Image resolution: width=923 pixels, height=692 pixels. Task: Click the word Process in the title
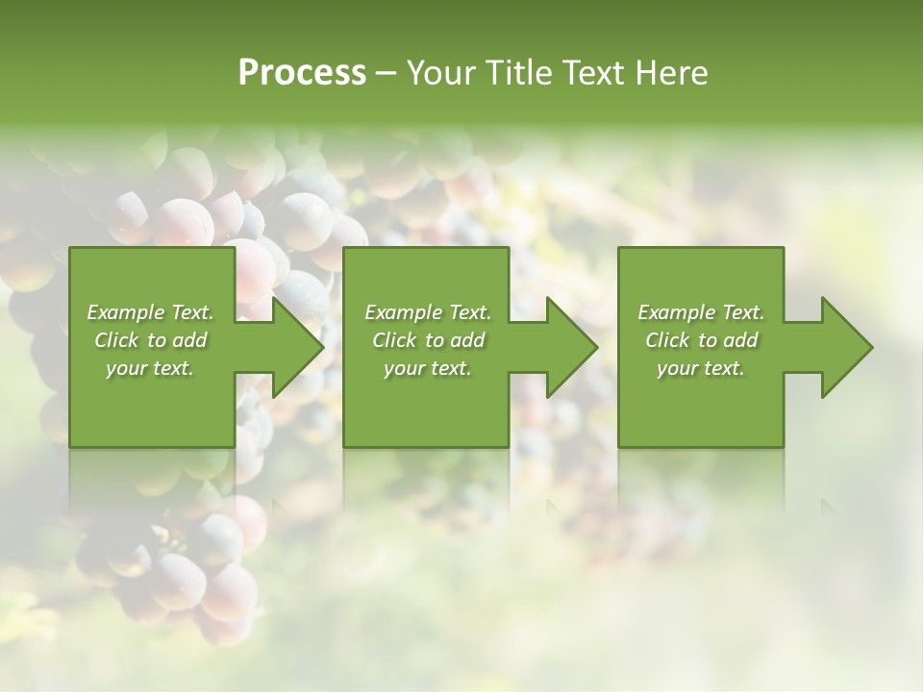(302, 73)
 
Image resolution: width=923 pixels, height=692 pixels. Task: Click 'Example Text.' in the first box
(150, 312)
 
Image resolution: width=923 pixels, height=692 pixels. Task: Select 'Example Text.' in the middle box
(428, 312)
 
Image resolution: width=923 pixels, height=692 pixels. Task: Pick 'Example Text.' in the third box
(701, 312)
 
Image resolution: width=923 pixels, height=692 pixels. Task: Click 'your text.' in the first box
(150, 368)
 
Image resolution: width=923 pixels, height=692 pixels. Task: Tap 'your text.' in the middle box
(428, 368)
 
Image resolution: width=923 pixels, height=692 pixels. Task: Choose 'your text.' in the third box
(701, 368)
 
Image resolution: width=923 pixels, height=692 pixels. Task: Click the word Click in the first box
(116, 340)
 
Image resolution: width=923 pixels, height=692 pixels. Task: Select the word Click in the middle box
(394, 340)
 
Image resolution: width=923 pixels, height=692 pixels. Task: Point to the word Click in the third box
(667, 340)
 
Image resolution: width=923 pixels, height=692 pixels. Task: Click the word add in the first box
(189, 340)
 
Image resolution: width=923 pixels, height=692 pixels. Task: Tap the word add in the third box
(740, 340)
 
